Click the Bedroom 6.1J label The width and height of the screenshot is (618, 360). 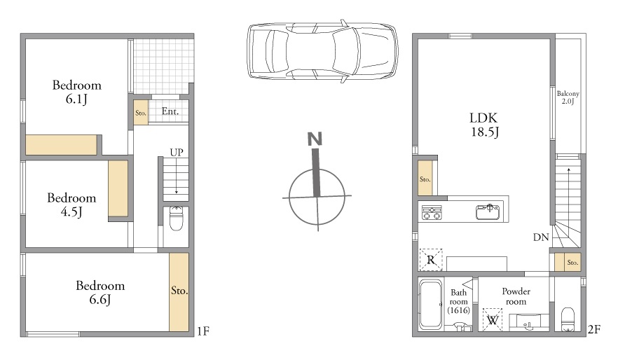coord(77,92)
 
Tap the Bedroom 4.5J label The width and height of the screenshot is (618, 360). coord(71,205)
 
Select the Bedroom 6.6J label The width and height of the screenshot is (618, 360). coord(100,292)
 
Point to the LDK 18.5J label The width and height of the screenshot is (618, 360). coord(484,125)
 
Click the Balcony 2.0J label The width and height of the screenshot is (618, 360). coord(568,97)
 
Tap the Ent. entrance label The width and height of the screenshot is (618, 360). coord(170,111)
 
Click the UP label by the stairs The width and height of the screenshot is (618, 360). coord(177,152)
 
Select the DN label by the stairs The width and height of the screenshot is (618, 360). coord(541,237)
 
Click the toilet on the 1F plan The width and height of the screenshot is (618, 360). coord(176,219)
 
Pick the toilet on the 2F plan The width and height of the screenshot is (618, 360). coord(568,319)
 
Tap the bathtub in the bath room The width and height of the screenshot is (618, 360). coord(430,304)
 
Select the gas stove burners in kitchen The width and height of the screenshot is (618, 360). coord(432,212)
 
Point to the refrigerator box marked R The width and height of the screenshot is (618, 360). coord(431,260)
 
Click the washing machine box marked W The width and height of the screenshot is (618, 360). coord(493,319)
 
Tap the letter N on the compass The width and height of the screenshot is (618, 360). coord(315,139)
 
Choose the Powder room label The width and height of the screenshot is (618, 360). coord(516,296)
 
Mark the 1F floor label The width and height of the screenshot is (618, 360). coord(203,331)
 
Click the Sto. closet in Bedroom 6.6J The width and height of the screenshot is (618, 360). coord(179,291)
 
